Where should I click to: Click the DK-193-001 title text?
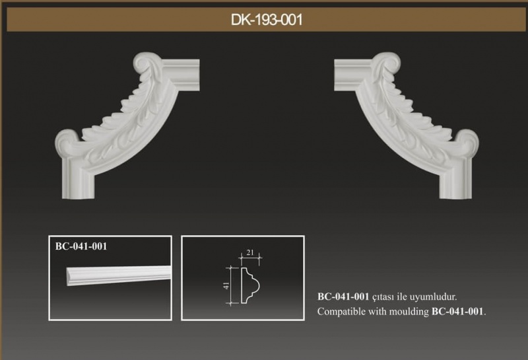(x=267, y=20)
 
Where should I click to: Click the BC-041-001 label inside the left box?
(x=81, y=246)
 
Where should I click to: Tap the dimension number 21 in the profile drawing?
(x=250, y=252)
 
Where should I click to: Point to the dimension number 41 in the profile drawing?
(x=226, y=285)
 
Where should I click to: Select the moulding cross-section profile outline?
(x=249, y=286)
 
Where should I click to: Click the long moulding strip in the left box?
(x=119, y=275)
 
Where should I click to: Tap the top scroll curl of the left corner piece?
(x=145, y=62)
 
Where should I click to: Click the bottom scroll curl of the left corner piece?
(x=67, y=143)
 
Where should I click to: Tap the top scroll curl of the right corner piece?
(x=388, y=62)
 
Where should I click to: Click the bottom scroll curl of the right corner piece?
(x=467, y=143)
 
